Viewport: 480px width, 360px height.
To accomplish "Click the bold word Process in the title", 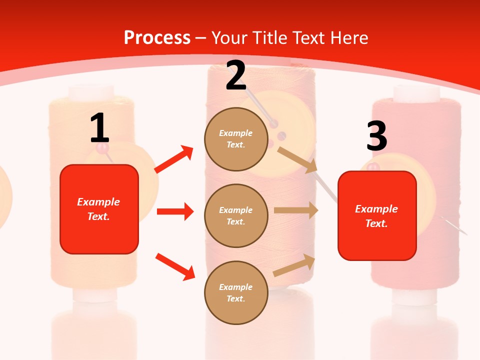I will (x=157, y=38).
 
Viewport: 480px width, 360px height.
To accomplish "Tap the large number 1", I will (x=99, y=128).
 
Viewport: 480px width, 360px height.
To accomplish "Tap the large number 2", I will (x=236, y=75).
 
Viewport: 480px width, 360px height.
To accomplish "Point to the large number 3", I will (x=376, y=135).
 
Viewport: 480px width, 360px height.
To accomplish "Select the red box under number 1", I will (x=99, y=209).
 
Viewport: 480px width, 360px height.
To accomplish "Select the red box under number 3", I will (x=377, y=215).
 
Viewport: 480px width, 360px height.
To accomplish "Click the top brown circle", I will (x=236, y=139).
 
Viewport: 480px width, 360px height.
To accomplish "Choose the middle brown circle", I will (x=236, y=215).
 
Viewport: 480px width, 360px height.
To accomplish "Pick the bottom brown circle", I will (x=236, y=292).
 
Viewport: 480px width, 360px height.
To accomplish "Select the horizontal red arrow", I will (x=175, y=211).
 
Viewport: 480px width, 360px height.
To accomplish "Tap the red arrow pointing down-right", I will (x=175, y=266).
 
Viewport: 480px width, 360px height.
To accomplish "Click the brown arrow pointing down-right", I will (x=297, y=160).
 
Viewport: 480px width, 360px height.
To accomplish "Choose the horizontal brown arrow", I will (x=296, y=210).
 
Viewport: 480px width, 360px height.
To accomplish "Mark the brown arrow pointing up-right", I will (x=294, y=265).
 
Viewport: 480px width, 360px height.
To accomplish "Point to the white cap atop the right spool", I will (x=416, y=92).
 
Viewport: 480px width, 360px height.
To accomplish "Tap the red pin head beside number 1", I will (x=102, y=148).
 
